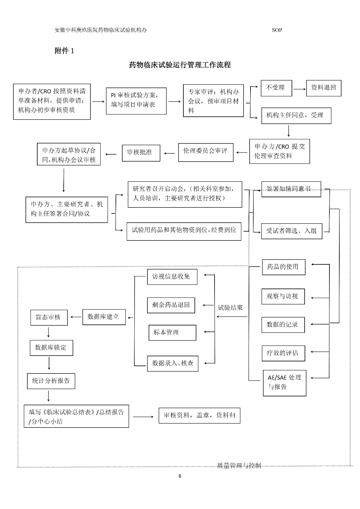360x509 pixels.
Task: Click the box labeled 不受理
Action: [x=276, y=88]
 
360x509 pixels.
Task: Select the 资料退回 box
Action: [x=323, y=88]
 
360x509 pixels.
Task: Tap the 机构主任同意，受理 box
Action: [x=296, y=115]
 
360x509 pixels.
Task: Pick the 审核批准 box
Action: [x=141, y=153]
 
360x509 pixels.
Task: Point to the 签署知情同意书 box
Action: [x=291, y=189]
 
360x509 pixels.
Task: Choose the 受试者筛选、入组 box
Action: [x=292, y=231]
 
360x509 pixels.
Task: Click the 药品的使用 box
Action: [x=283, y=267]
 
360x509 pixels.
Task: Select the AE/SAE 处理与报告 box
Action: [x=284, y=383]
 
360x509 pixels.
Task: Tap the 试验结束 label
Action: [x=230, y=308]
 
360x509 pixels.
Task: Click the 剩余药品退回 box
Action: [x=171, y=305]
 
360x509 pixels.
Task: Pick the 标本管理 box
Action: [x=172, y=333]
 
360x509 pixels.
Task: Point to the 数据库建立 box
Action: [x=104, y=317]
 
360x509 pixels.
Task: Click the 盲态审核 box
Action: [x=49, y=317]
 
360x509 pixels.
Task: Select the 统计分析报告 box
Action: [x=51, y=381]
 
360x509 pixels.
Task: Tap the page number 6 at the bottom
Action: [x=180, y=476]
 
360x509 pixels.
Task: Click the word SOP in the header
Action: [x=277, y=30]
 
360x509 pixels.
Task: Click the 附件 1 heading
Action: [x=64, y=51]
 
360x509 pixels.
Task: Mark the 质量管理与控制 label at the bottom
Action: [x=239, y=466]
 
